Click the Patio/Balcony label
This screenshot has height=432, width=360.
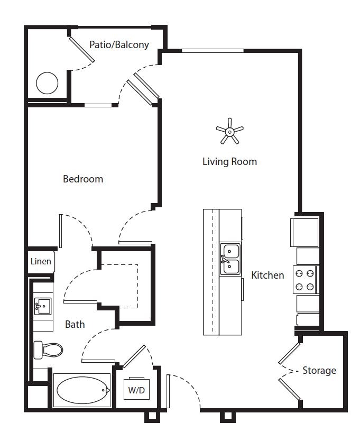[119, 44]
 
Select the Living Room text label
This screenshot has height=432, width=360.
[229, 161]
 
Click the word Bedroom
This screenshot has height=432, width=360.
[83, 179]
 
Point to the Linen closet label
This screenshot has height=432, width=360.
[41, 261]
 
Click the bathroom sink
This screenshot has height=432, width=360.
[42, 306]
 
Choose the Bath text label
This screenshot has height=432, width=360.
[75, 324]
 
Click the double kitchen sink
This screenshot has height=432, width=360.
[230, 259]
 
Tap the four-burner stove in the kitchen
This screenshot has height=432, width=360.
[305, 280]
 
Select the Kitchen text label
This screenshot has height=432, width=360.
[267, 275]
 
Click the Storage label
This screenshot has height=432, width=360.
[319, 370]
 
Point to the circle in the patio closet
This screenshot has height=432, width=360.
[47, 83]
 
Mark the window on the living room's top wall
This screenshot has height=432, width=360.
[213, 51]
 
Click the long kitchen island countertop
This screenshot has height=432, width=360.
[211, 272]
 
